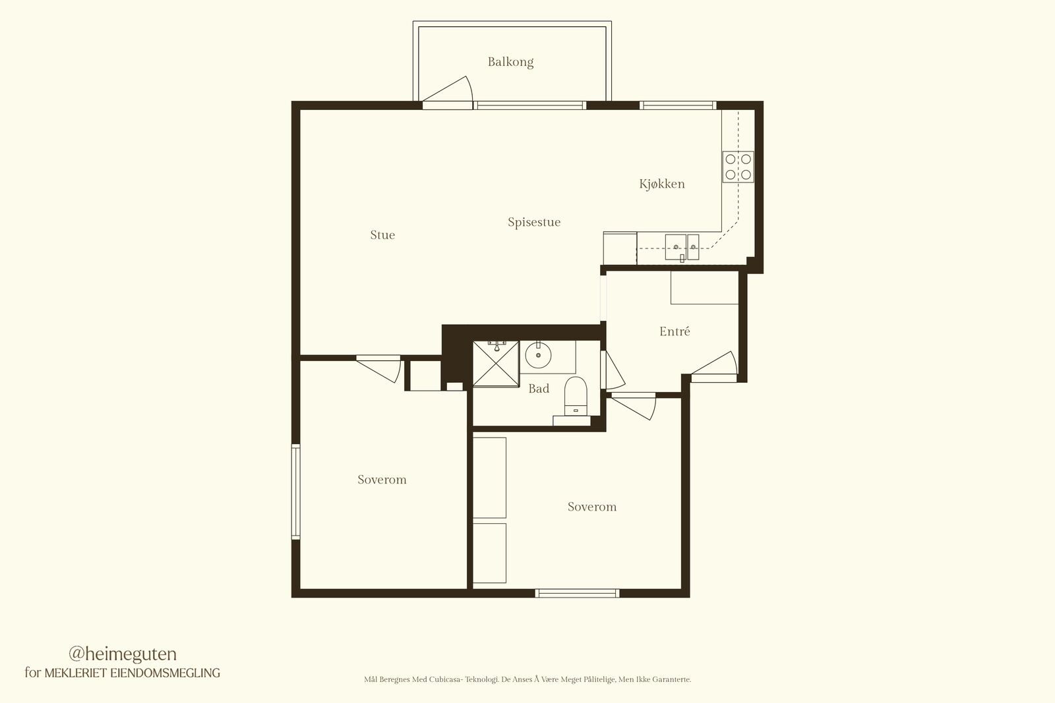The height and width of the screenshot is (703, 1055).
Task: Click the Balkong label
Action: click(510, 62)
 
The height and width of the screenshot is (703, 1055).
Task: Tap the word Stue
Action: click(382, 235)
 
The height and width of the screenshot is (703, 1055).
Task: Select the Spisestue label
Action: click(534, 222)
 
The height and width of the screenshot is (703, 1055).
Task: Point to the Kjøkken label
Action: click(662, 184)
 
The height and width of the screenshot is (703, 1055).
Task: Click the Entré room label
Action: click(675, 331)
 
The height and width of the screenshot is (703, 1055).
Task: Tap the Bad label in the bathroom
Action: click(539, 388)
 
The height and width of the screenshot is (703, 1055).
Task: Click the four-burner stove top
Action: click(738, 167)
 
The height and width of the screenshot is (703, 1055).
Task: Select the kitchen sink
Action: click(682, 248)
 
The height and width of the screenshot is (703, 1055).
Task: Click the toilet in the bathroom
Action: click(575, 396)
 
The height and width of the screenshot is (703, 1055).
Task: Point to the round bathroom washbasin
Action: click(538, 355)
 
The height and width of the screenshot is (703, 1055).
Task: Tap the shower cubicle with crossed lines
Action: click(495, 364)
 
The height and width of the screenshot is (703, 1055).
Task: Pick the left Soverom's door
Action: click(378, 369)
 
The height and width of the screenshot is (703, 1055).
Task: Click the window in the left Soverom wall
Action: click(296, 492)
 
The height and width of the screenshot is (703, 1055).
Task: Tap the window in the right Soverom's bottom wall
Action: click(577, 593)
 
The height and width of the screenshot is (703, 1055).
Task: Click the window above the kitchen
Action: click(678, 105)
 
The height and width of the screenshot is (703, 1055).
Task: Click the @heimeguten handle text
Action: click(123, 654)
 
